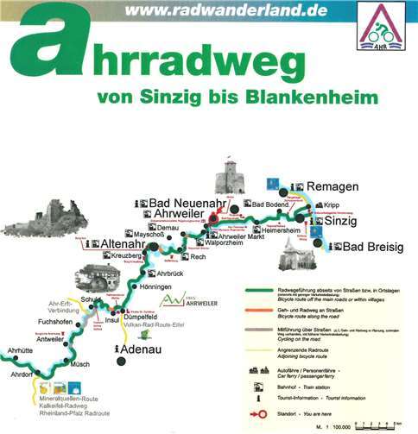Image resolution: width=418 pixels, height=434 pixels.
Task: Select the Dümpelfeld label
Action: pyautogui.click(x=154, y=316)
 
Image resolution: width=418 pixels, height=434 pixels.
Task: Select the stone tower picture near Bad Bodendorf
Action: pyautogui.click(x=231, y=179)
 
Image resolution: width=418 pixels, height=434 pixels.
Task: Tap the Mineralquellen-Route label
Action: pyautogui.click(x=61, y=406)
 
